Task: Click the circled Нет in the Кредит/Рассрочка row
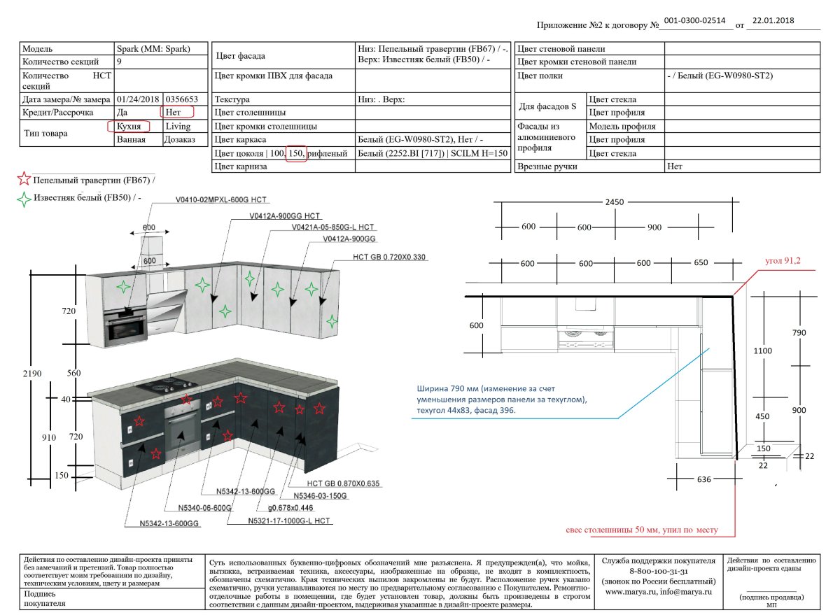coord(175,112)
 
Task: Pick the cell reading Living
coord(177,127)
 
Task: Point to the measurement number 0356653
coord(181,100)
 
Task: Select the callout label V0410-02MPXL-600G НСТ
coord(223,200)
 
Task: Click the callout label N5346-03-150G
coord(320,496)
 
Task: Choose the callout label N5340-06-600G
coord(204,508)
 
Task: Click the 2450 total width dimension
coord(615,202)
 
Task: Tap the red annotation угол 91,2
coord(783,262)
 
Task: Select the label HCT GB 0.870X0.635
coord(343,483)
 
